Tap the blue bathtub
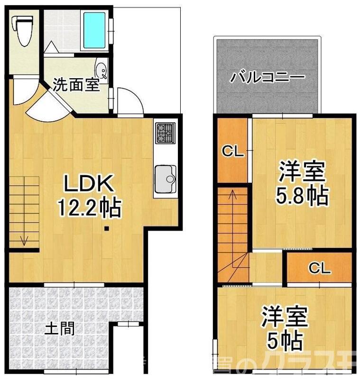click(96, 30)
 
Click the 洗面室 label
click(76, 86)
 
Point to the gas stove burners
click(165, 133)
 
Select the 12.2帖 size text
click(89, 207)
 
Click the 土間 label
click(59, 328)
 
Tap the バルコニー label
click(268, 77)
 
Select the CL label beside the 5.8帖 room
click(233, 152)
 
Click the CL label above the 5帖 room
click(320, 269)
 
